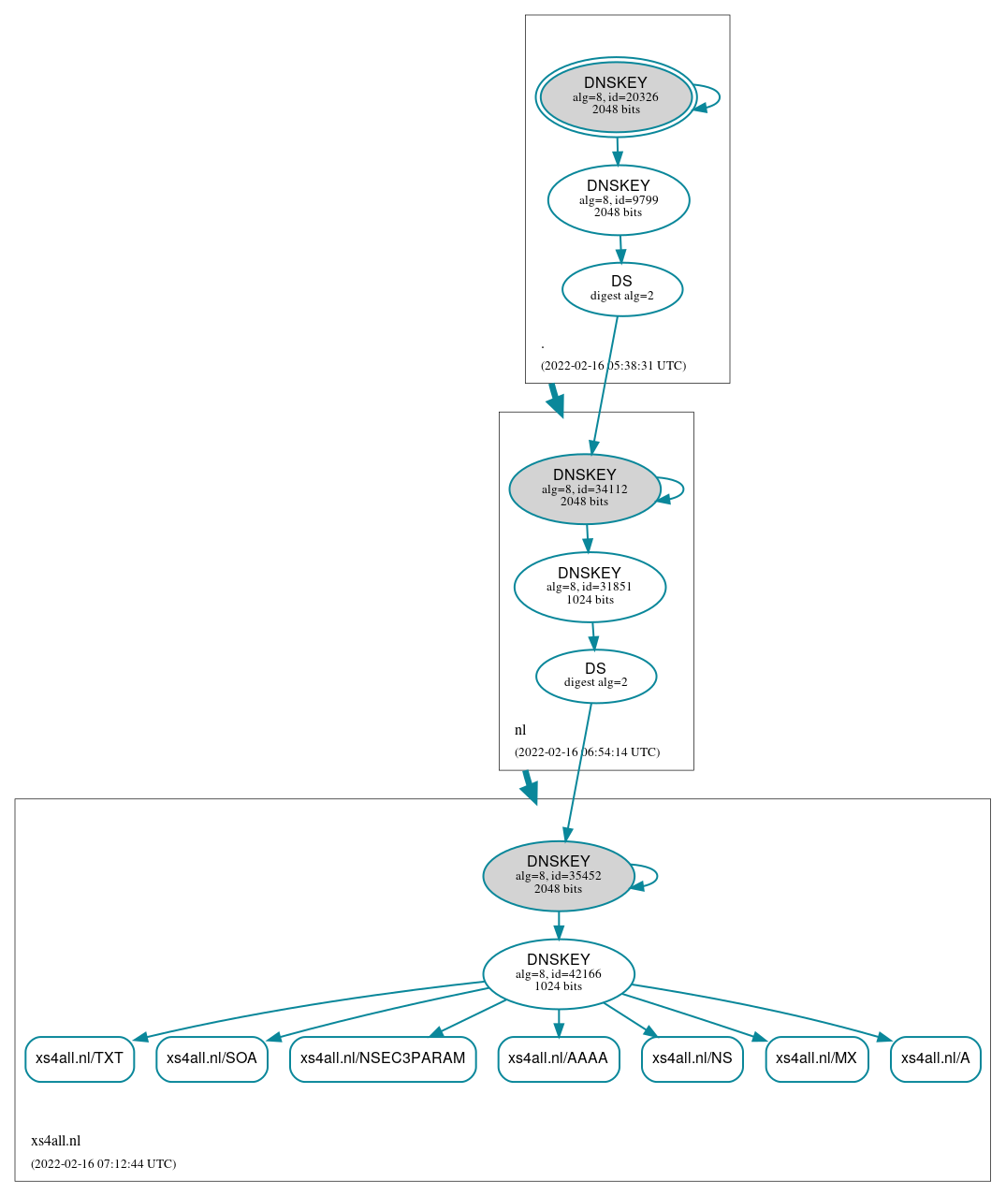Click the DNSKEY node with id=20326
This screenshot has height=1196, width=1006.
tap(616, 96)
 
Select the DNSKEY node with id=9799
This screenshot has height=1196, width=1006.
tap(619, 199)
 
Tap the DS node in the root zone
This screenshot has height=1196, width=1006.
tap(622, 289)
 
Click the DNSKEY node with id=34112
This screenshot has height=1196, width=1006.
tap(585, 489)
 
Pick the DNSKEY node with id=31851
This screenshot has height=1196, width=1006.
tap(590, 587)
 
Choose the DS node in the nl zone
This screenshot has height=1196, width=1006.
tap(596, 676)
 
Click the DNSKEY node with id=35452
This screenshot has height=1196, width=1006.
tap(559, 876)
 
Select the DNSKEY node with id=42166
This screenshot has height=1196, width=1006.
tap(559, 973)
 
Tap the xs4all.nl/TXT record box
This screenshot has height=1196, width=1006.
tap(80, 1058)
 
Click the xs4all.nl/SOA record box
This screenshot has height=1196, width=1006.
tap(211, 1058)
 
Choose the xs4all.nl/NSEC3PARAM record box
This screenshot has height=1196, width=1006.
tap(383, 1058)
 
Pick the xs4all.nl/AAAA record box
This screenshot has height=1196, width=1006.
tap(558, 1058)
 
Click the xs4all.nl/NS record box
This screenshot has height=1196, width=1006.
tap(692, 1058)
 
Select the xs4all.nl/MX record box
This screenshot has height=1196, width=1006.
tap(816, 1058)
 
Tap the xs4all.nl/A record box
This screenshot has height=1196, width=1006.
tap(935, 1058)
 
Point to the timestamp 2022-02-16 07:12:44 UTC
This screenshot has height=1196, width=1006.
tap(103, 1164)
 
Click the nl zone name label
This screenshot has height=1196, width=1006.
tap(520, 730)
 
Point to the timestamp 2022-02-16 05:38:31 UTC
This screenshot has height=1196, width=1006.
tap(613, 366)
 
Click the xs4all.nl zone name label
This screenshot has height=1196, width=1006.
tap(56, 1141)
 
